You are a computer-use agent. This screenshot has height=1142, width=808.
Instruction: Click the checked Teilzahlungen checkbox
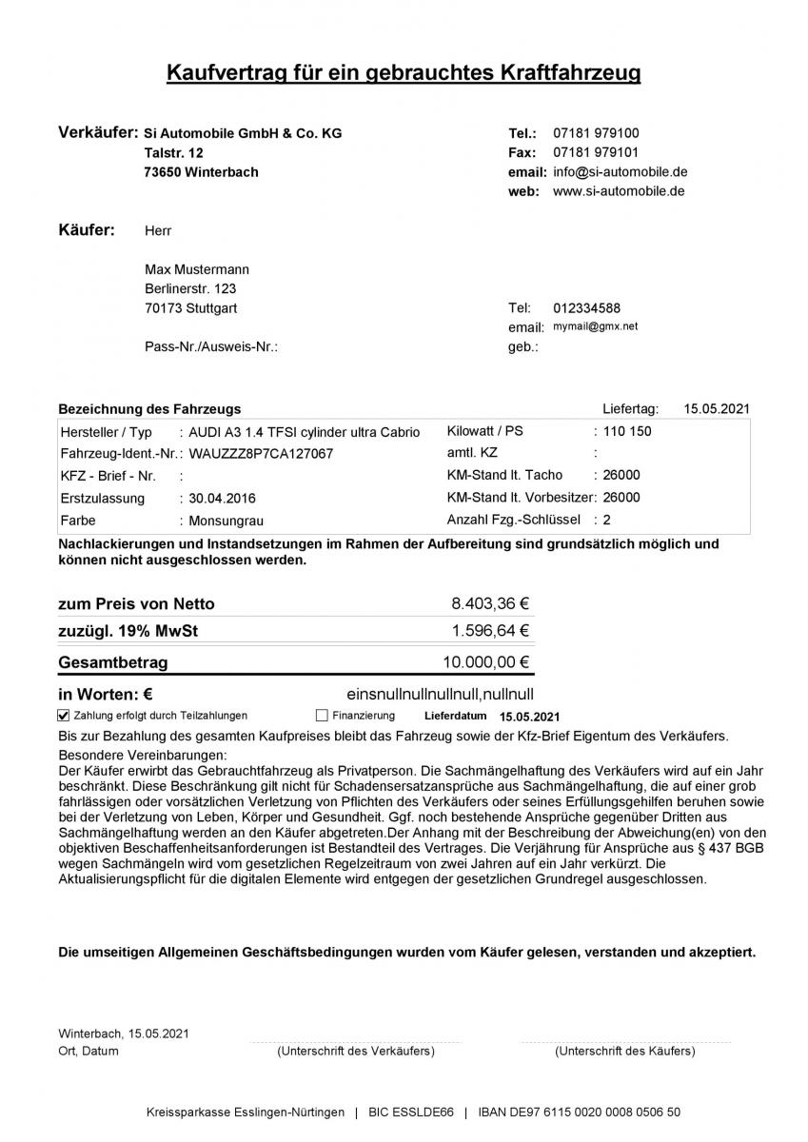click(64, 716)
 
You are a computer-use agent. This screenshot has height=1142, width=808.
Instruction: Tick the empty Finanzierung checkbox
click(322, 716)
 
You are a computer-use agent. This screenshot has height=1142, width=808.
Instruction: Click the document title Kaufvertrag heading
click(404, 72)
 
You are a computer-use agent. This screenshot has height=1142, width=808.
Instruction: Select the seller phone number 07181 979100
click(596, 133)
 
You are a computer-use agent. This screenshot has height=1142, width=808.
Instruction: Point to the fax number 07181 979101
click(596, 152)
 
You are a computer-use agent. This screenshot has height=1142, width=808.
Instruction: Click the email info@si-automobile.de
click(620, 172)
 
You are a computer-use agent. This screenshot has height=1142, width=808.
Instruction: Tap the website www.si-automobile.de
click(619, 191)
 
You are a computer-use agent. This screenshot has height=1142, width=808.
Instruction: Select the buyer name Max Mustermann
click(197, 269)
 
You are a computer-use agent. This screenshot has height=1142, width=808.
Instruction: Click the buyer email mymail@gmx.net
click(596, 326)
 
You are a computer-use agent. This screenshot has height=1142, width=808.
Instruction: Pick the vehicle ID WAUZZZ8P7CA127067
click(262, 454)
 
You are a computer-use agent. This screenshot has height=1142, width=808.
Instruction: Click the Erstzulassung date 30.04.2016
click(222, 499)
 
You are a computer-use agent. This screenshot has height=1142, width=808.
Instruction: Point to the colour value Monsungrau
click(226, 522)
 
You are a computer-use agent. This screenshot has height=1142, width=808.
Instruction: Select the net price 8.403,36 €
click(490, 603)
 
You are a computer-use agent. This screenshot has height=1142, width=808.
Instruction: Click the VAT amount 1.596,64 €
click(490, 630)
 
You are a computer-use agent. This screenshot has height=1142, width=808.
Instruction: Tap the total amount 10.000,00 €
click(486, 662)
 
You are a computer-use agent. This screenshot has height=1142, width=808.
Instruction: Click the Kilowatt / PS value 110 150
click(628, 431)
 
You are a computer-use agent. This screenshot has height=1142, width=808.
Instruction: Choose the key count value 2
click(606, 520)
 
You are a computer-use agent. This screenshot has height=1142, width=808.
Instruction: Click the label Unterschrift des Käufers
click(624, 1052)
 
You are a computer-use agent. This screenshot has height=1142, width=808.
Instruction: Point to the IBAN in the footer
click(580, 1112)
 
